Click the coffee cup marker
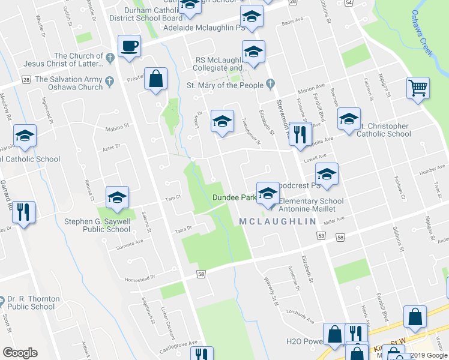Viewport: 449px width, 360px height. coord(129,47)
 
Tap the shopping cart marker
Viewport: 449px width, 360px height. coord(418,89)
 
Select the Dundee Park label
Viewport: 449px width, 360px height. coord(235,197)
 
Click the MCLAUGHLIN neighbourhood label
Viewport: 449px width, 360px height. coord(277,222)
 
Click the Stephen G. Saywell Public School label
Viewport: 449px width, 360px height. coord(97,225)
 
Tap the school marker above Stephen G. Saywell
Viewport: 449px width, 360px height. coord(117,197)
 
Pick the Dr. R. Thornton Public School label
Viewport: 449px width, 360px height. coord(34,302)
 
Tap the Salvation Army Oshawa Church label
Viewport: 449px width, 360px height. coord(69,83)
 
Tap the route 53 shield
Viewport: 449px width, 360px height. coord(322,236)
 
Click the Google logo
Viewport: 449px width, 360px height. coord(20,353)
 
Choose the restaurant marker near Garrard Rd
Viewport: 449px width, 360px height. coord(23,212)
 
